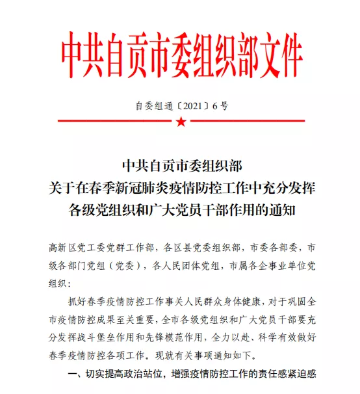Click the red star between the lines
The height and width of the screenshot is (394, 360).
coord(181,121)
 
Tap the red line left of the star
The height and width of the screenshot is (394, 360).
coord(113,121)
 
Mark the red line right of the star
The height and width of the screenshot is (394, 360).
coord(248,121)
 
